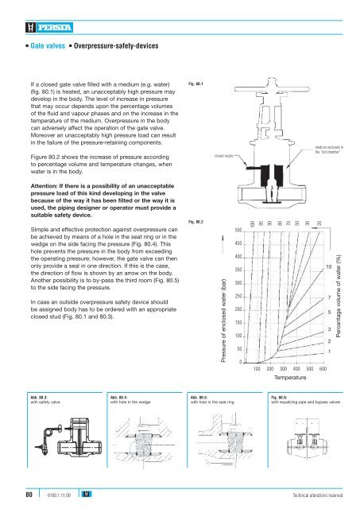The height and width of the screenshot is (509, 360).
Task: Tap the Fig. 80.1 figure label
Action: pyautogui.click(x=195, y=83)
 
